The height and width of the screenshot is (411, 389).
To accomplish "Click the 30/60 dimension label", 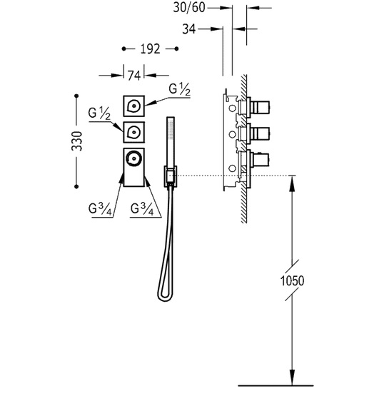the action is pyautogui.click(x=188, y=8).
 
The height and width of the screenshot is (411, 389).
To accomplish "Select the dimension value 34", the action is pyautogui.click(x=188, y=29).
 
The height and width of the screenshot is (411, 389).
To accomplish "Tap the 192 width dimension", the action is pyautogui.click(x=150, y=49).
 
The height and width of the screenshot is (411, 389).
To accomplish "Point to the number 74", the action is pyautogui.click(x=134, y=76).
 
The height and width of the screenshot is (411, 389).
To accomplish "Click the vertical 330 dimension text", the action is pyautogui.click(x=77, y=141).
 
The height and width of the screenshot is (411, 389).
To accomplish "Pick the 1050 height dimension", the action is pyautogui.click(x=292, y=280).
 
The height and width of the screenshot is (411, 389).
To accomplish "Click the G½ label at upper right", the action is pyautogui.click(x=180, y=89).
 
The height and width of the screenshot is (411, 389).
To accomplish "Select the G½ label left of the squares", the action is pyautogui.click(x=99, y=113).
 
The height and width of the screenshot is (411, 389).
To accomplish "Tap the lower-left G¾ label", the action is pyautogui.click(x=101, y=210).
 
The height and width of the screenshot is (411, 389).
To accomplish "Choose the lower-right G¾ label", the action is pyautogui.click(x=142, y=210).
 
